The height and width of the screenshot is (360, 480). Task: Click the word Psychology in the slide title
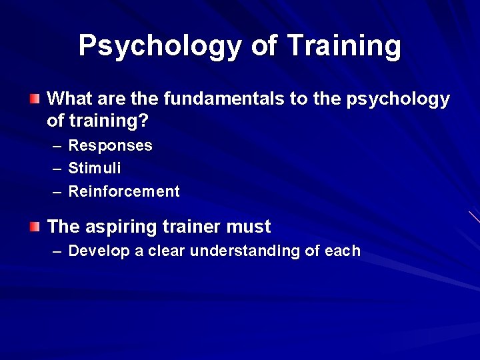tap(160, 47)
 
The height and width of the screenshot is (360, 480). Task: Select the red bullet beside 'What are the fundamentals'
tap(35, 99)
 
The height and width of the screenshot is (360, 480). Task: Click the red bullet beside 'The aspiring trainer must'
tap(35, 227)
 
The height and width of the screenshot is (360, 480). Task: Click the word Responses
tap(110, 146)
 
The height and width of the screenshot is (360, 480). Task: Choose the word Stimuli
tap(95, 169)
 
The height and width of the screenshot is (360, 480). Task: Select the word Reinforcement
tap(124, 192)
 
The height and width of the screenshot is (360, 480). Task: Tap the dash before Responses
tap(57, 146)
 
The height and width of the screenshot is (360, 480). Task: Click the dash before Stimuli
tap(57, 169)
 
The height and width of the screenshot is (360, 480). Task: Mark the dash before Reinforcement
tap(57, 192)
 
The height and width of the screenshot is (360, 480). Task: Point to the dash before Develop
tap(57, 251)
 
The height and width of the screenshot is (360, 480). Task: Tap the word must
tap(249, 227)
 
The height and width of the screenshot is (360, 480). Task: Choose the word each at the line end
tap(342, 251)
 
